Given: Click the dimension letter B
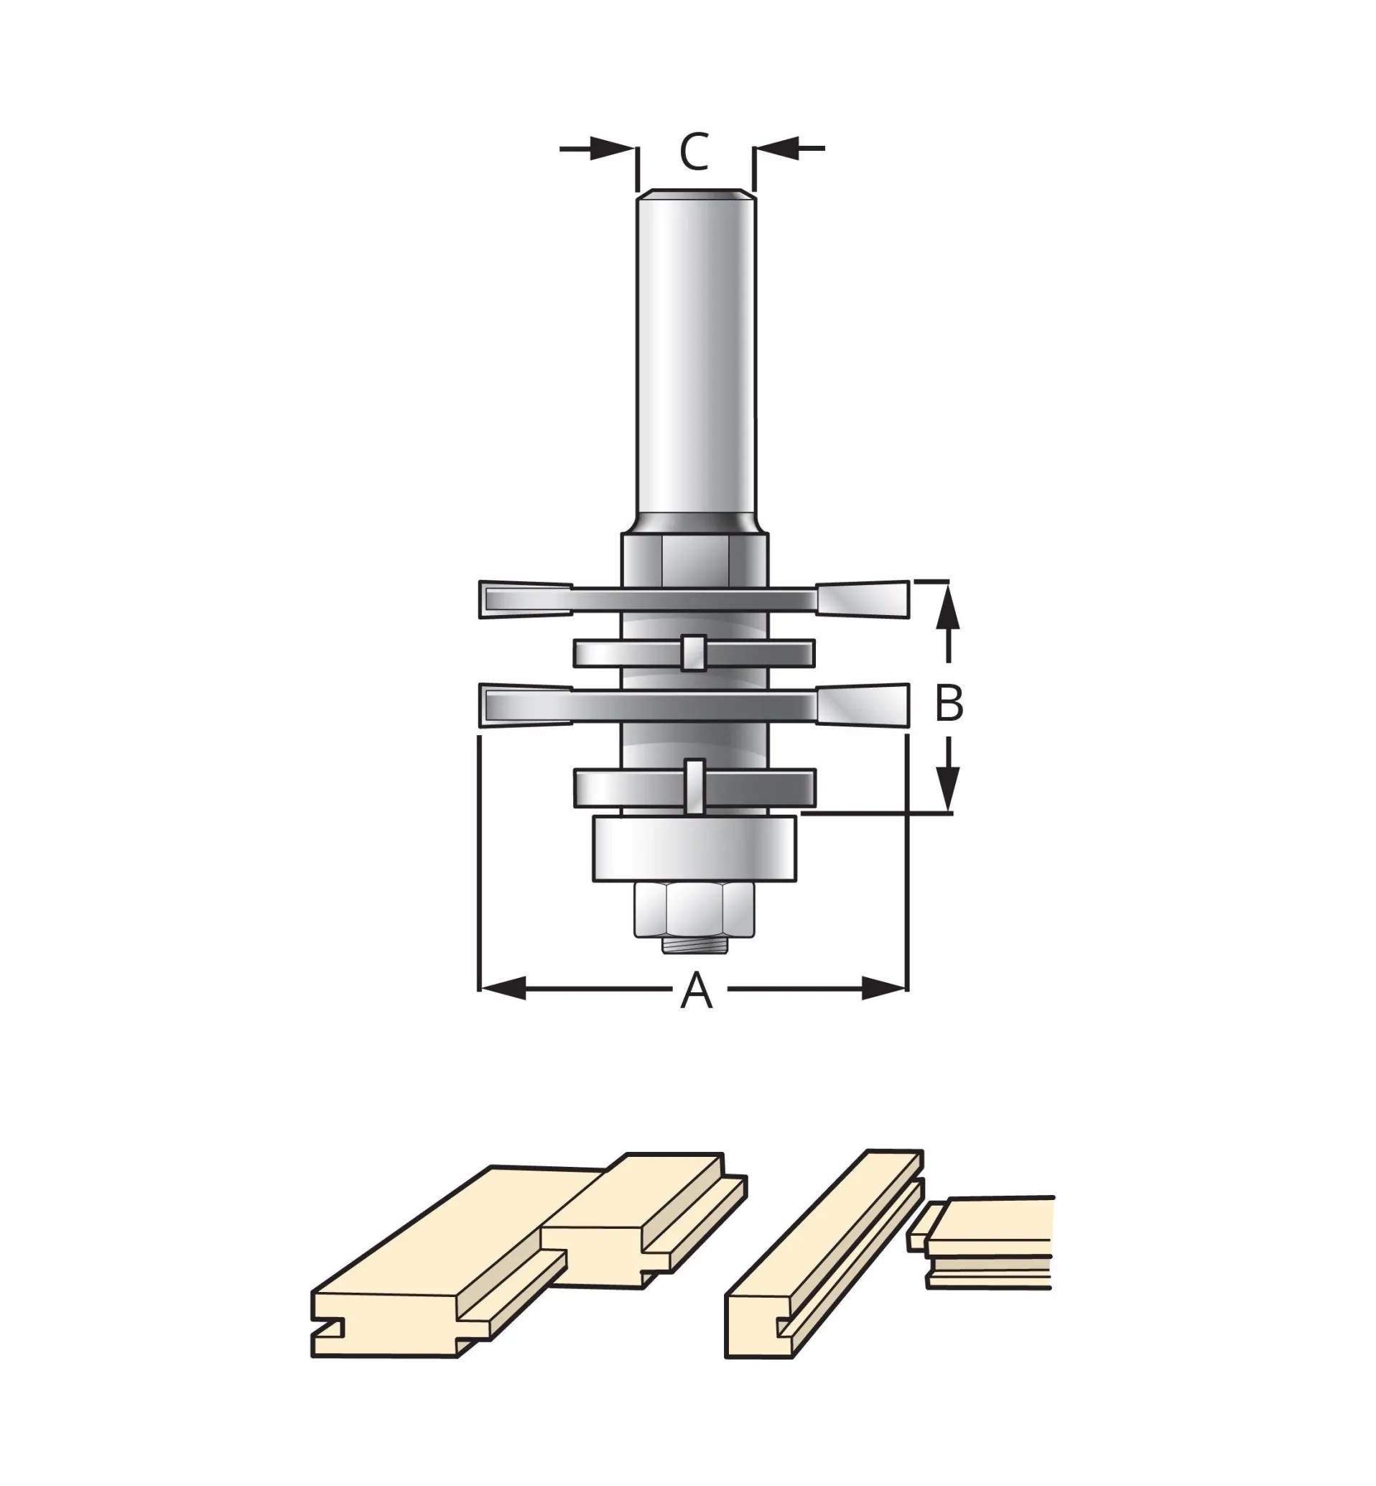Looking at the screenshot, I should point(949,703).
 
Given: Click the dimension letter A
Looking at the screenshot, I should point(696,990).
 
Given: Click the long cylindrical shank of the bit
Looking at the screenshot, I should point(695,358).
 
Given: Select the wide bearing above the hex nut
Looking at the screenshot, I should point(694,849).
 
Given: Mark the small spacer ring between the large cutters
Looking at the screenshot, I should point(694,654).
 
